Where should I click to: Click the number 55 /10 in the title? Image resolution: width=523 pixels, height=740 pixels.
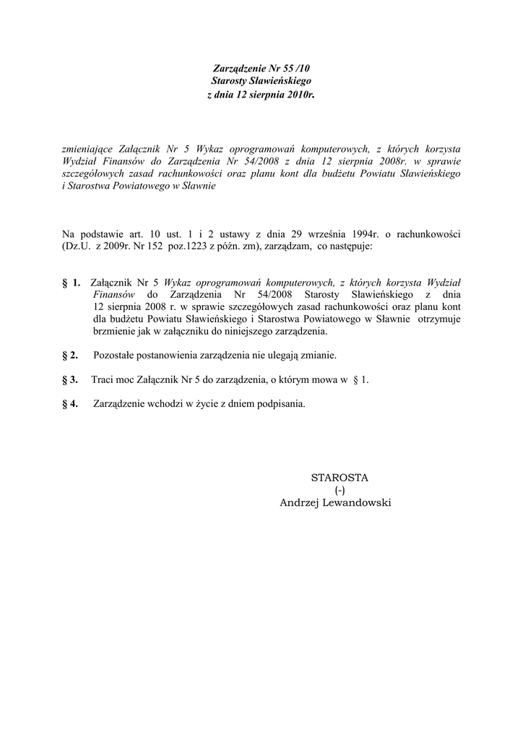(298, 68)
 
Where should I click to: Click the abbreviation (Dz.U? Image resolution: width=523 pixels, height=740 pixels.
(78, 246)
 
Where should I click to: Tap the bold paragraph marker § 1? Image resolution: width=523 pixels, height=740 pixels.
(72, 282)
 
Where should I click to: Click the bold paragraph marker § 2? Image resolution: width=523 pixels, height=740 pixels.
(70, 356)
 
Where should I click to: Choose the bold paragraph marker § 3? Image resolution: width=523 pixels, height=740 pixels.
(70, 379)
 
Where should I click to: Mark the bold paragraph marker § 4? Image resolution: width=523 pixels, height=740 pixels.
(70, 404)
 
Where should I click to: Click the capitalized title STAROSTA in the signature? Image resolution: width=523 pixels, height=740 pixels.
(339, 478)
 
